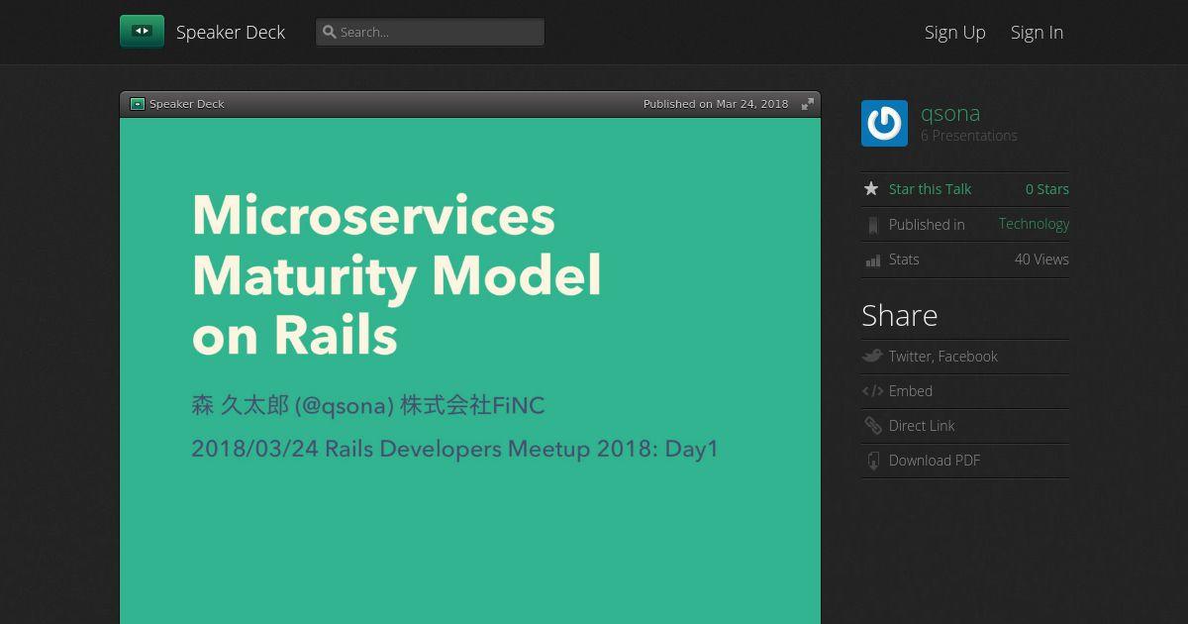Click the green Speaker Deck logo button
pyautogui.click(x=142, y=32)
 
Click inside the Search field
pyautogui.click(x=430, y=33)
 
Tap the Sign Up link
pyautogui.click(x=954, y=33)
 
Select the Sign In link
pyautogui.click(x=1037, y=33)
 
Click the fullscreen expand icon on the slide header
pyautogui.click(x=807, y=104)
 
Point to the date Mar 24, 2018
pyautogui.click(x=752, y=104)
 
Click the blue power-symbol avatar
pyautogui.click(x=884, y=123)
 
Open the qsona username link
pyautogui.click(x=950, y=114)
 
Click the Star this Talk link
pyautogui.click(x=930, y=189)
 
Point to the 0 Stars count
pyautogui.click(x=1047, y=189)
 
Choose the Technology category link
pyautogui.click(x=1034, y=224)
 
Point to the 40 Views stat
pyautogui.click(x=1041, y=260)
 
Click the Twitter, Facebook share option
pyautogui.click(x=942, y=356)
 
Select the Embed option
pyautogui.click(x=910, y=391)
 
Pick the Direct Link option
pyautogui.click(x=922, y=426)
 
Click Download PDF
pyautogui.click(x=934, y=461)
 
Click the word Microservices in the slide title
pyautogui.click(x=374, y=215)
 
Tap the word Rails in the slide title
pyautogui.click(x=336, y=336)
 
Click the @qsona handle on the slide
pyautogui.click(x=345, y=406)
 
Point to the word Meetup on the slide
pyautogui.click(x=548, y=449)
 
